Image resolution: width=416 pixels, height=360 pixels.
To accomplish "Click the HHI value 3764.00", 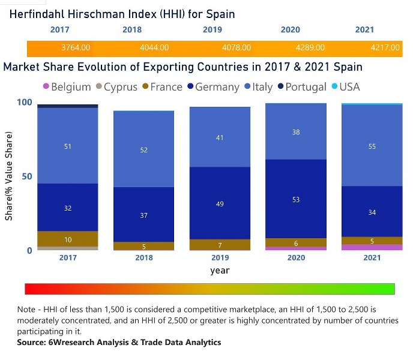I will click(x=76, y=47).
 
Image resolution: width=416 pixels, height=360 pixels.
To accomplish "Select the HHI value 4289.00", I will click(x=310, y=47).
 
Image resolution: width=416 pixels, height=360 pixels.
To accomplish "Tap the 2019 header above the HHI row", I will click(x=212, y=29).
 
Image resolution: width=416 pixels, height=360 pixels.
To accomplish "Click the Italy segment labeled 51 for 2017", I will click(x=68, y=146).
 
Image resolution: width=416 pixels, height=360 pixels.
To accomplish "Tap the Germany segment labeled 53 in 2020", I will click(x=296, y=199).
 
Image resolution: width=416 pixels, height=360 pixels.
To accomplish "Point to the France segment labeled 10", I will click(x=68, y=239).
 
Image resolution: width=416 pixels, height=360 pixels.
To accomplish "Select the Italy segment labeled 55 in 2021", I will click(x=372, y=146).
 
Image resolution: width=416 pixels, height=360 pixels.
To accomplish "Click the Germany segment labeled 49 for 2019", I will click(x=220, y=203).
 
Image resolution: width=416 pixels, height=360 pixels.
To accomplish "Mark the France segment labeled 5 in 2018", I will click(x=143, y=246).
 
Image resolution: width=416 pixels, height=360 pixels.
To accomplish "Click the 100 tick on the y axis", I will click(x=23, y=103).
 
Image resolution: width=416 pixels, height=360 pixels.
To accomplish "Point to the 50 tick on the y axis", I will click(x=26, y=176).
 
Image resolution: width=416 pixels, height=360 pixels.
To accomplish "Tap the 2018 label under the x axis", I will click(x=143, y=258).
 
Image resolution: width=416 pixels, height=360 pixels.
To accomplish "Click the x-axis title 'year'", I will click(x=220, y=271).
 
